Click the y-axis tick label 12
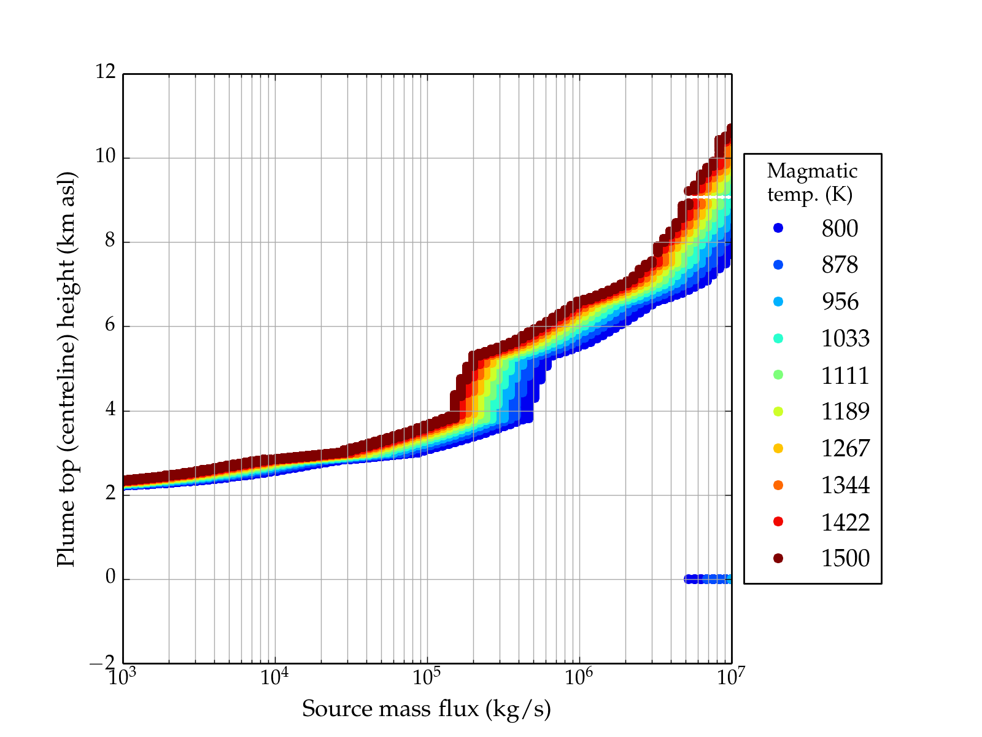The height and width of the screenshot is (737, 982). click(x=106, y=72)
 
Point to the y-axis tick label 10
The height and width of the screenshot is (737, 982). click(x=106, y=157)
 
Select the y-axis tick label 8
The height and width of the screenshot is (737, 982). click(x=110, y=241)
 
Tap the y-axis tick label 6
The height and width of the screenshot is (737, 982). click(x=110, y=325)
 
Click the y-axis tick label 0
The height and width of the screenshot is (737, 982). click(x=110, y=577)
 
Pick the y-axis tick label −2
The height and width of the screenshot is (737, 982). click(x=102, y=662)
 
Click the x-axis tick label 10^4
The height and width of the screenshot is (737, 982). click(x=274, y=677)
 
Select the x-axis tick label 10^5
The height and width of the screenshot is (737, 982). click(x=427, y=677)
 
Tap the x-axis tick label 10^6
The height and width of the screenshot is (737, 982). click(x=579, y=677)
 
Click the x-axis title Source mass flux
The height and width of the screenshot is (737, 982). click(x=426, y=709)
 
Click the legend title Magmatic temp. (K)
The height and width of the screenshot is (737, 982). click(x=811, y=182)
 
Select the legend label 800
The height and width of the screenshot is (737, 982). click(x=840, y=228)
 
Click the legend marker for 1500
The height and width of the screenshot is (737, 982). click(x=778, y=558)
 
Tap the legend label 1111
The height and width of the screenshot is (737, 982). click(x=845, y=375)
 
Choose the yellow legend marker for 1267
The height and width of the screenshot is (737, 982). click(x=778, y=448)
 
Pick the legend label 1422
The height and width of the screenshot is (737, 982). click(x=845, y=522)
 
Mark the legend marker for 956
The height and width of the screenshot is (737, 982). click(x=778, y=302)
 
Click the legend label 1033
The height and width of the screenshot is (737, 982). click(x=845, y=338)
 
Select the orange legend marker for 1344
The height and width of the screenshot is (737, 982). click(x=778, y=485)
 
